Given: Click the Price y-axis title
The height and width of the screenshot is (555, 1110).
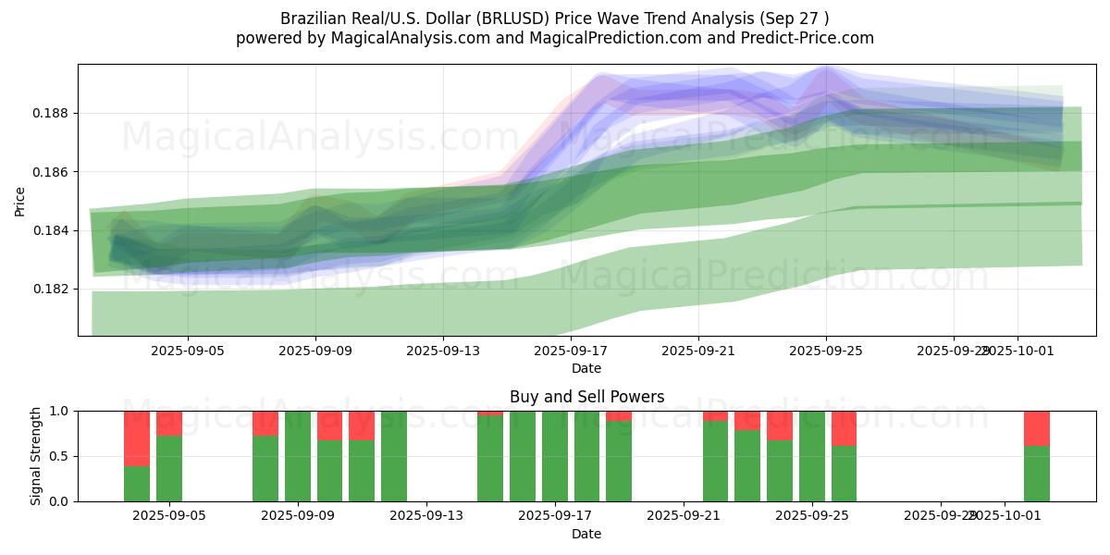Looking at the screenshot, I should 19,201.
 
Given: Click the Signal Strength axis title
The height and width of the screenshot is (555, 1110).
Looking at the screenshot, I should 36,456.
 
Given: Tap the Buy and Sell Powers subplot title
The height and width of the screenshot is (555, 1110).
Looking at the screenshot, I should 586,397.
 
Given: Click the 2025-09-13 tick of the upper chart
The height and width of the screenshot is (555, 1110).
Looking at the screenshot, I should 442,351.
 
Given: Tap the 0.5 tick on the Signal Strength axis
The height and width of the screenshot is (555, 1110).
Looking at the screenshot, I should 58,456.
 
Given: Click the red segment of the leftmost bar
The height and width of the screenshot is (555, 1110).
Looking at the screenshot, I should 137,438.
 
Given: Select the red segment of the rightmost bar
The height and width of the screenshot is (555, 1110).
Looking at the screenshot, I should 1036,428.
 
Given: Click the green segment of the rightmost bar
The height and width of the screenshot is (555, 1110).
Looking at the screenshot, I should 1036,474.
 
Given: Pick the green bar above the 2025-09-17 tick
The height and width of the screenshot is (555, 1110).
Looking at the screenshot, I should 555,456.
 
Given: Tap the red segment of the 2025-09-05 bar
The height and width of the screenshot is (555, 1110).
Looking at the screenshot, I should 169,423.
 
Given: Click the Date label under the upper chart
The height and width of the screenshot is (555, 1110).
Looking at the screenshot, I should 586,368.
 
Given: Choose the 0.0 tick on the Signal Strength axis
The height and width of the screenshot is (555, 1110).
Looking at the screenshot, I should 58,501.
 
